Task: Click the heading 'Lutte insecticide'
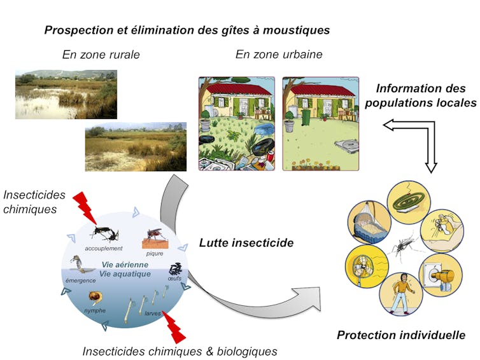coord(237,242)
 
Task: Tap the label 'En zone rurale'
coord(101,55)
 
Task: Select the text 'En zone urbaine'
coord(279,55)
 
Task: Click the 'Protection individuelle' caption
coord(400,335)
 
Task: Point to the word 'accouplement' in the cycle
coord(102,249)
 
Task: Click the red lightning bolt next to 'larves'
coord(174,325)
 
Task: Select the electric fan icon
coord(365,267)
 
